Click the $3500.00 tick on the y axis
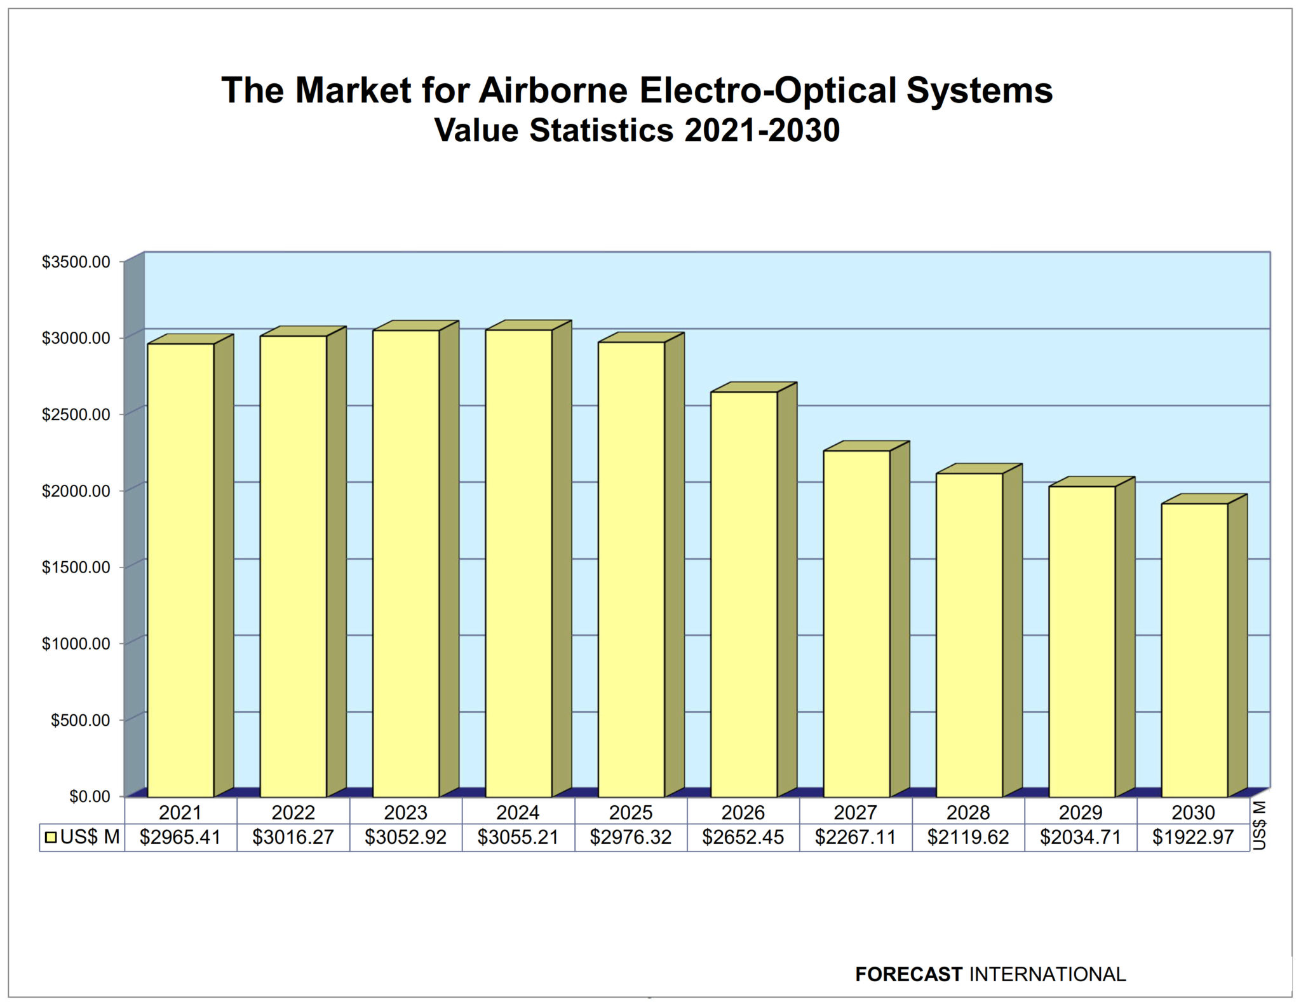[x=76, y=262]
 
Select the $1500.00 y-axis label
[x=76, y=567]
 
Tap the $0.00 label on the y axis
[x=90, y=796]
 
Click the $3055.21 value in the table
[x=518, y=837]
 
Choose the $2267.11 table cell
[x=855, y=837]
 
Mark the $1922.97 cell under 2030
[x=1193, y=837]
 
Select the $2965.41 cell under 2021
[x=180, y=837]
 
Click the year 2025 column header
[x=630, y=812]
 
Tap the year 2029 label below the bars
[x=1081, y=812]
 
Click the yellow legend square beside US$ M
[x=51, y=838]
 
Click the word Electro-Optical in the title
[x=768, y=90]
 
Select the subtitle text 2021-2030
[x=762, y=130]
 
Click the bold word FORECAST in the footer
[x=908, y=974]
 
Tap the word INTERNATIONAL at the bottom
[x=1048, y=974]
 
